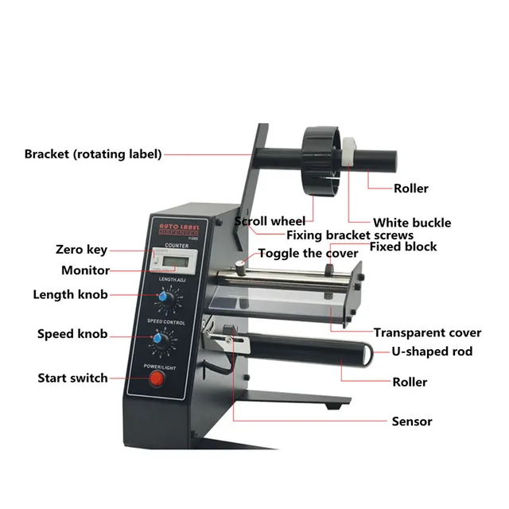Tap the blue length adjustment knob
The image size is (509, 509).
(165, 297)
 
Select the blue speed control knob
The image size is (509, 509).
(160, 340)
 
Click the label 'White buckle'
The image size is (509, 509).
(412, 223)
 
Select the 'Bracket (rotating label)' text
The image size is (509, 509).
(93, 153)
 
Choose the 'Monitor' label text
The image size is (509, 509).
(85, 270)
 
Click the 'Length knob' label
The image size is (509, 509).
(70, 295)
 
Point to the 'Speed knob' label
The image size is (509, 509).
(72, 335)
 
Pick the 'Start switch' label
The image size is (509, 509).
(72, 378)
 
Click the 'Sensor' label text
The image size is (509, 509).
(412, 421)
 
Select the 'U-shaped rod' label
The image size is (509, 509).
(432, 352)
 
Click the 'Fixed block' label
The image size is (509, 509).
(403, 247)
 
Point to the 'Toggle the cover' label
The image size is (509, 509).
(309, 254)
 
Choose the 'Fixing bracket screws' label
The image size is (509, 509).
(349, 235)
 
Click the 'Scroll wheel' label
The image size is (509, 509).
(270, 220)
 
